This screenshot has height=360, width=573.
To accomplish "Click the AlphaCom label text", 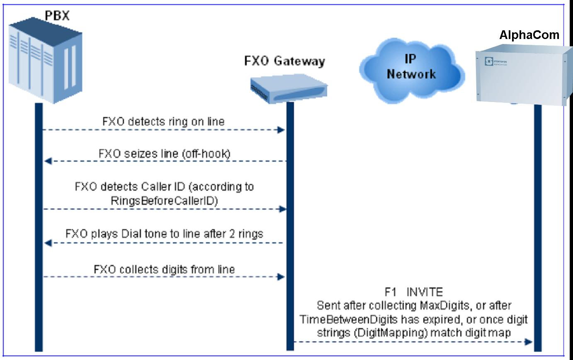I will tap(529, 35).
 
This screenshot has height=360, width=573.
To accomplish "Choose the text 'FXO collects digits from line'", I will tap(164, 269).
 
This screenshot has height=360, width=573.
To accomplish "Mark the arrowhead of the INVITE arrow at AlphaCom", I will tap(528, 341).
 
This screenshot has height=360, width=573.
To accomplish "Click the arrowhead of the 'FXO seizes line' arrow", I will tap(48, 161).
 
